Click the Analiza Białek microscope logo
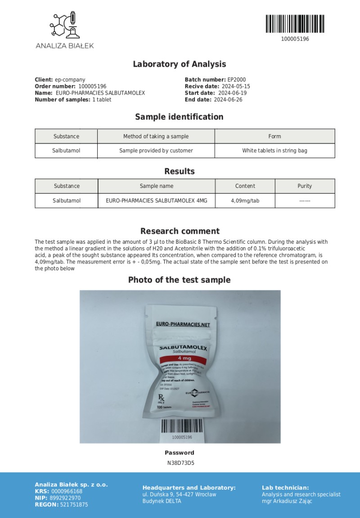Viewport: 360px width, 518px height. [65, 26]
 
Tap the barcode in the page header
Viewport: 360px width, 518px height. [295, 23]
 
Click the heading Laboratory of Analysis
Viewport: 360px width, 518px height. [179, 64]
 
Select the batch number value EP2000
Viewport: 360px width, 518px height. [237, 80]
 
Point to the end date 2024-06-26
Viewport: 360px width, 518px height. [228, 100]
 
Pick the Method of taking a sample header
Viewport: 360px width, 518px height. [156, 136]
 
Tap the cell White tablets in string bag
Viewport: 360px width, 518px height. [274, 150]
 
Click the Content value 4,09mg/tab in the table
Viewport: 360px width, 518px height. [245, 200]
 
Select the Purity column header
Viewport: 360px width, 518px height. [305, 186]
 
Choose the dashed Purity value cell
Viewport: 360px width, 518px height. [305, 200]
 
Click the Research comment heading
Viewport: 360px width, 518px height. [180, 231]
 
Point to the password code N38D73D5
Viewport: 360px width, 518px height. [180, 462]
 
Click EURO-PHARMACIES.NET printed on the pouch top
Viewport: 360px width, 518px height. [183, 324]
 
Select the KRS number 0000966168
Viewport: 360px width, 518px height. [67, 491]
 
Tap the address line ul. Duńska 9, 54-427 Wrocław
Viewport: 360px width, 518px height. [179, 494]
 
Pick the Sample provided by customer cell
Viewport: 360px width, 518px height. [156, 150]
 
